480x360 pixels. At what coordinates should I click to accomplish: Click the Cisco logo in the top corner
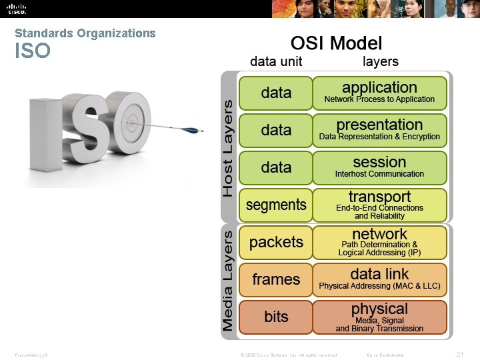pyautogui.click(x=17, y=9)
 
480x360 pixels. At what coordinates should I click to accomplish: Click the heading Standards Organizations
pyautogui.click(x=85, y=33)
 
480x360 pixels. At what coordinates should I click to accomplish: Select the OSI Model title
pyautogui.click(x=336, y=43)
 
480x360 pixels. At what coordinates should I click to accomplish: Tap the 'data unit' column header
pyautogui.click(x=276, y=61)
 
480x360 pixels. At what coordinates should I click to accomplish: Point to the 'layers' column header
pyautogui.click(x=380, y=61)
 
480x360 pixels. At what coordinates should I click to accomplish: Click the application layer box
pyautogui.click(x=379, y=93)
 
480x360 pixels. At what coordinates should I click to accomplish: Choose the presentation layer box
pyautogui.click(x=379, y=130)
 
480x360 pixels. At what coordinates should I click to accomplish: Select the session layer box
pyautogui.click(x=379, y=167)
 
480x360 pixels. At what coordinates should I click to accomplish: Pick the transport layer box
pyautogui.click(x=379, y=205)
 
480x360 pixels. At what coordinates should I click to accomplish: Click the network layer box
pyautogui.click(x=379, y=242)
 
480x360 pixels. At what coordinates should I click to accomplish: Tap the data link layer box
pyautogui.click(x=379, y=279)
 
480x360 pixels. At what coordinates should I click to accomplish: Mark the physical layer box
pyautogui.click(x=379, y=317)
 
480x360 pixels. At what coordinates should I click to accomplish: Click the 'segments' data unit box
pyautogui.click(x=276, y=205)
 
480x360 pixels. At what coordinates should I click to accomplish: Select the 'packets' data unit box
pyautogui.click(x=276, y=243)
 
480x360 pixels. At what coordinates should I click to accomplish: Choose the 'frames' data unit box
pyautogui.click(x=276, y=280)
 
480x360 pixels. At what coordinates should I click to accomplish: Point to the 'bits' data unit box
pyautogui.click(x=276, y=317)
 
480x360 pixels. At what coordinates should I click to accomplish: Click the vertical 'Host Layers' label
pyautogui.click(x=228, y=148)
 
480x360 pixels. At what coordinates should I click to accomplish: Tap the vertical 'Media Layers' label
pyautogui.click(x=228, y=281)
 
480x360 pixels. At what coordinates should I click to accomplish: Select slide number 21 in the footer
pyautogui.click(x=459, y=354)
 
